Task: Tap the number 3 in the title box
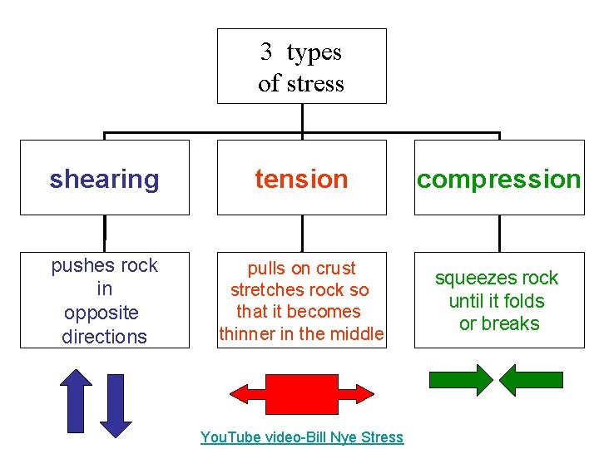266,52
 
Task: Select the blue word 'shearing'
104,179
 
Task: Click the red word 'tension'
301,179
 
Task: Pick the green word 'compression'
498,179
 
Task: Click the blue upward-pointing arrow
77,401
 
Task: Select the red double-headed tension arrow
301,391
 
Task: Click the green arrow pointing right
460,380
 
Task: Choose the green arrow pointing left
535,380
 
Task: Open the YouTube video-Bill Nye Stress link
301,437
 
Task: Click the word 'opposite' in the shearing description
101,313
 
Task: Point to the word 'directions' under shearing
104,337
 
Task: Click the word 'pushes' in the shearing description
79,266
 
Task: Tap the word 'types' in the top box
314,52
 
